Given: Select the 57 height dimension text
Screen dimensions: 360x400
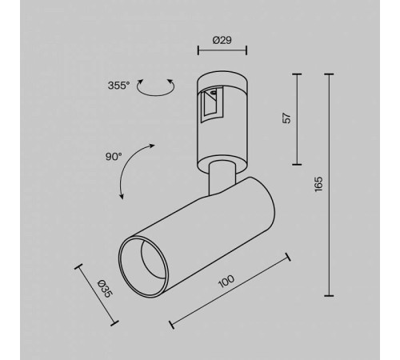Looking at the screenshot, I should (285, 118).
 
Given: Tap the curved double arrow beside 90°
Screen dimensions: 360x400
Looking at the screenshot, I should (136, 170).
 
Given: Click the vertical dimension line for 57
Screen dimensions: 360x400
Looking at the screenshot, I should (297, 118).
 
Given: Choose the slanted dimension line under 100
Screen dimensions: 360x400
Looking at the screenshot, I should (230, 291).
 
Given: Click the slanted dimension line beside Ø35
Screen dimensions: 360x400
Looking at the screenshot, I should (97, 294).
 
